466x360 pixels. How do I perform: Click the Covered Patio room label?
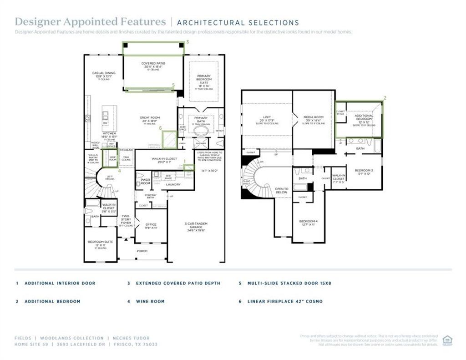[153, 64]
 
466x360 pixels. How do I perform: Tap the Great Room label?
[150, 117]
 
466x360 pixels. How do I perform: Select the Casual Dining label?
[104, 73]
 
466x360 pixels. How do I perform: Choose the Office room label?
[151, 225]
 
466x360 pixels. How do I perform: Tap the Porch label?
[142, 251]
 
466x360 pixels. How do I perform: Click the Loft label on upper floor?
[267, 117]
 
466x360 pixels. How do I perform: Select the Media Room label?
[314, 117]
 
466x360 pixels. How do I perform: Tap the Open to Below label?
[282, 189]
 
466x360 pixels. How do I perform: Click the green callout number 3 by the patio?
[187, 41]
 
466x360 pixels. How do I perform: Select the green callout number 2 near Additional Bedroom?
[385, 98]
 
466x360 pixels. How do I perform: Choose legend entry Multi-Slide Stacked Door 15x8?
[289, 283]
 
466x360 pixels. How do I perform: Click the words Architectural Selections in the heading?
[238, 22]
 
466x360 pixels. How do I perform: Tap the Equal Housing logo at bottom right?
[447, 340]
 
